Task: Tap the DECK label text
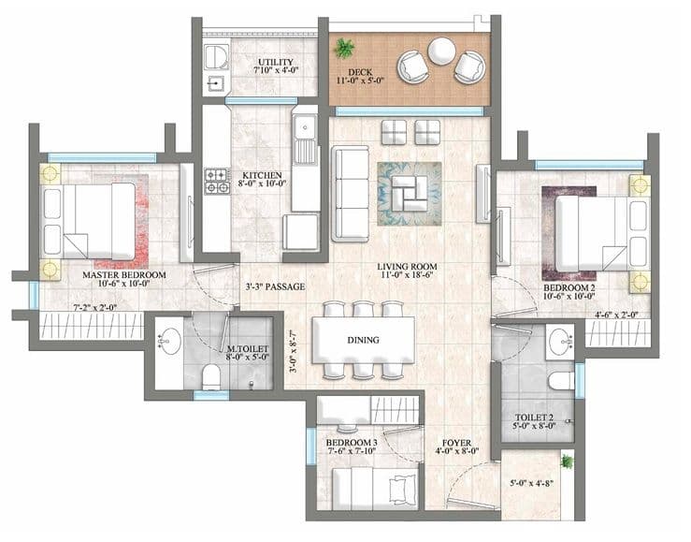coord(355,74)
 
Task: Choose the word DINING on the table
coord(363,340)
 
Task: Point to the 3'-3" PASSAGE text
coord(275,286)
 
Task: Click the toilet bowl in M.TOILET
coord(212,377)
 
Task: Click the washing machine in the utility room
coord(213,54)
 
